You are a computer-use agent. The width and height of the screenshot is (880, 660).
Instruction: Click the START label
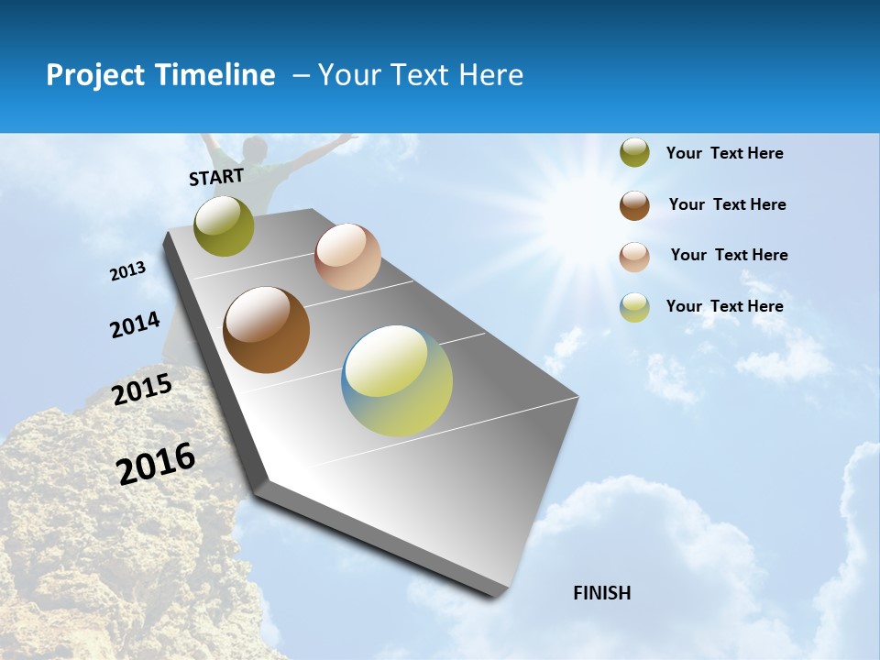[x=216, y=176]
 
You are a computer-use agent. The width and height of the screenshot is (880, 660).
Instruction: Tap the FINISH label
[x=601, y=593]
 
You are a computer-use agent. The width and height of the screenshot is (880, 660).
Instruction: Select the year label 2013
[x=128, y=271]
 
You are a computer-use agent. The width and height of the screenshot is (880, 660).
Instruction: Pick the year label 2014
[x=135, y=325]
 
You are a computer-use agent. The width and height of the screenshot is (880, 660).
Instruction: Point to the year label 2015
[x=142, y=390]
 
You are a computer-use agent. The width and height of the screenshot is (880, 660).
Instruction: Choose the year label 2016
[x=156, y=464]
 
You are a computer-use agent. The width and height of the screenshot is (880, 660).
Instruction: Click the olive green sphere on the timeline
[x=224, y=226]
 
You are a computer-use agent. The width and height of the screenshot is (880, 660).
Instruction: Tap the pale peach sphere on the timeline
[x=347, y=257]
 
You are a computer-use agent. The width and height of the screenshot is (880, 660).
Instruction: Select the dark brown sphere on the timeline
[x=266, y=330]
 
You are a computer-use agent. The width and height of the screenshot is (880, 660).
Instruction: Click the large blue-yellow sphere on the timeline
[x=397, y=380]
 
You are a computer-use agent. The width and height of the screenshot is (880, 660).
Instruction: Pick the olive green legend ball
[x=634, y=153]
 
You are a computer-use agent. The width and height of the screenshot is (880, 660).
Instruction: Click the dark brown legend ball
[x=634, y=205]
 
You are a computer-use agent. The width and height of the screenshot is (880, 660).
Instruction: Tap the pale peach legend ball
[x=634, y=257]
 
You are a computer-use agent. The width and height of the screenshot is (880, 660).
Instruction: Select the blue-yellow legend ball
[x=634, y=307]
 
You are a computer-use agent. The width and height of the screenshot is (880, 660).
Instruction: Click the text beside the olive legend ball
[x=724, y=154]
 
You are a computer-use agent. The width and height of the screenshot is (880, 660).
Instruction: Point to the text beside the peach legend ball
[x=729, y=255]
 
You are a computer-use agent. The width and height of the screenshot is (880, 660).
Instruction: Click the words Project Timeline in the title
[x=160, y=75]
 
